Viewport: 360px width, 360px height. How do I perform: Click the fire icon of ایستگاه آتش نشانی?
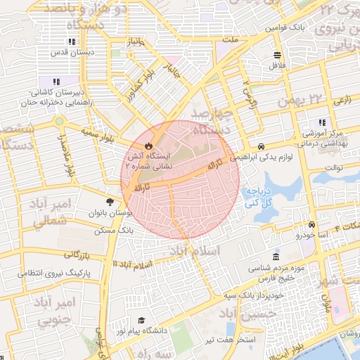148,146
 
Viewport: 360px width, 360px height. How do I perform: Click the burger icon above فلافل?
278,54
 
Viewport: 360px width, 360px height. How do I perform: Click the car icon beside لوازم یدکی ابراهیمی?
262,147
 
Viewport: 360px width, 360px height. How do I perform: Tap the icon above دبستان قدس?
73,43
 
